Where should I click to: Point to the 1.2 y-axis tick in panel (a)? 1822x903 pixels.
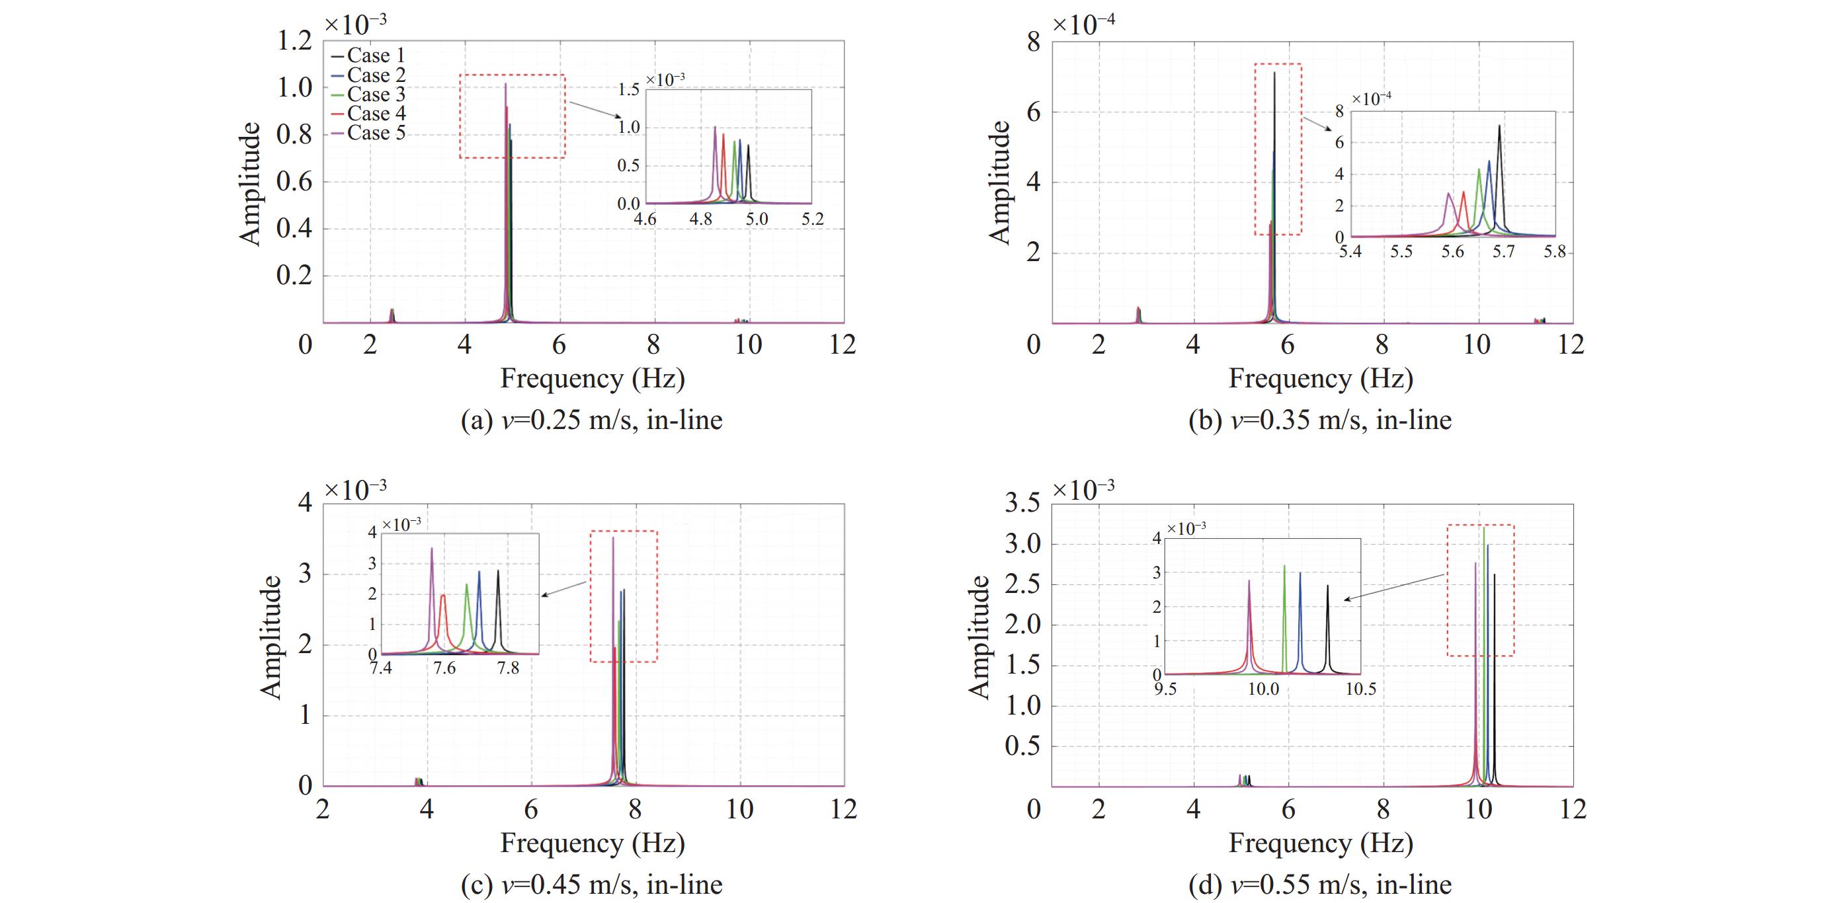(x=294, y=41)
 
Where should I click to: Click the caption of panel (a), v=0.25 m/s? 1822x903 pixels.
(x=591, y=420)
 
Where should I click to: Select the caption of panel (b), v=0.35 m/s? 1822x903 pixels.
(x=1320, y=420)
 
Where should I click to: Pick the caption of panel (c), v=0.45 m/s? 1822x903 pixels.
(x=591, y=884)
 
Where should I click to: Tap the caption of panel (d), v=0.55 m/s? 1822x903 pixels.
(x=1320, y=884)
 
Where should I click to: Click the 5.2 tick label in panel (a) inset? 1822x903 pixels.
(x=813, y=219)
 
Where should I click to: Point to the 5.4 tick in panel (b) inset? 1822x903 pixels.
(x=1350, y=252)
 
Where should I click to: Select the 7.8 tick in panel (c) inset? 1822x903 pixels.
(x=508, y=668)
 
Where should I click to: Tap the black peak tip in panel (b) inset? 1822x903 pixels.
(x=1499, y=126)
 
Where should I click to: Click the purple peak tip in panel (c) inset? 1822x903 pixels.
(x=431, y=548)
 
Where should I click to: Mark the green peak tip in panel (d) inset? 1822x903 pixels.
(x=1284, y=566)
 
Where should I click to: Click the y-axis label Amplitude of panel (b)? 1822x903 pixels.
(x=999, y=182)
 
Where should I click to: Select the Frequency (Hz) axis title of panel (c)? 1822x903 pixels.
(x=593, y=843)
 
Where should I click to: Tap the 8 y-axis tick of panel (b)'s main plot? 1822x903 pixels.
(x=1034, y=42)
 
